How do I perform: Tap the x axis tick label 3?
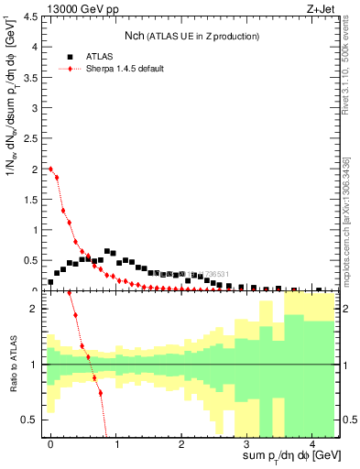tap(246, 443)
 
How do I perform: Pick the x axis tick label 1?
tap(116, 443)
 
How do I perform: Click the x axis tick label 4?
tap(311, 443)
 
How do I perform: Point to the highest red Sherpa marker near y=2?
tap(51, 169)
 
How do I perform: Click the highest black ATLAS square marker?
tap(107, 250)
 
